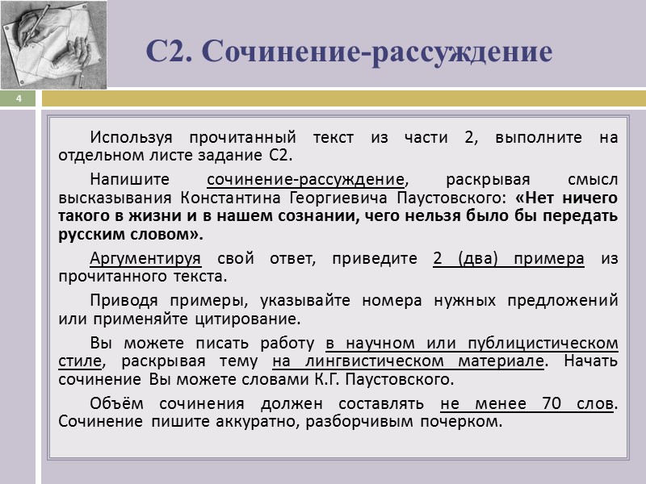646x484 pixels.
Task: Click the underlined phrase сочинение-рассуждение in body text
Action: pos(305,179)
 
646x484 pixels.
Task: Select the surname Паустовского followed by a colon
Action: pos(455,198)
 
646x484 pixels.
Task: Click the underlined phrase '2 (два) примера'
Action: pos(509,259)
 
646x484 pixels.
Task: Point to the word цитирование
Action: pos(250,319)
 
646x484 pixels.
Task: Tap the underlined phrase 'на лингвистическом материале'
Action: pos(409,361)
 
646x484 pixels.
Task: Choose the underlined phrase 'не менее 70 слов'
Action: pos(527,403)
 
